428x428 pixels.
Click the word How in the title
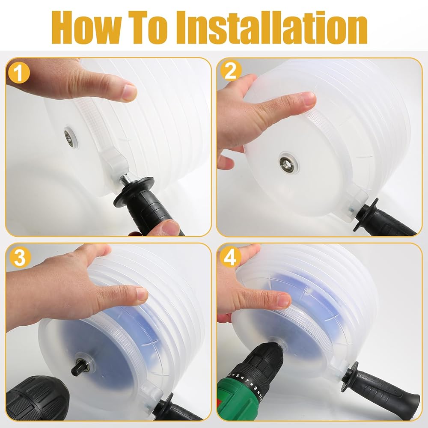(x=86, y=27)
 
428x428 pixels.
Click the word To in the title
(x=149, y=27)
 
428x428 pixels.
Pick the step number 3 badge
(x=19, y=257)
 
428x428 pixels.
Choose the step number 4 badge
(x=230, y=257)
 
